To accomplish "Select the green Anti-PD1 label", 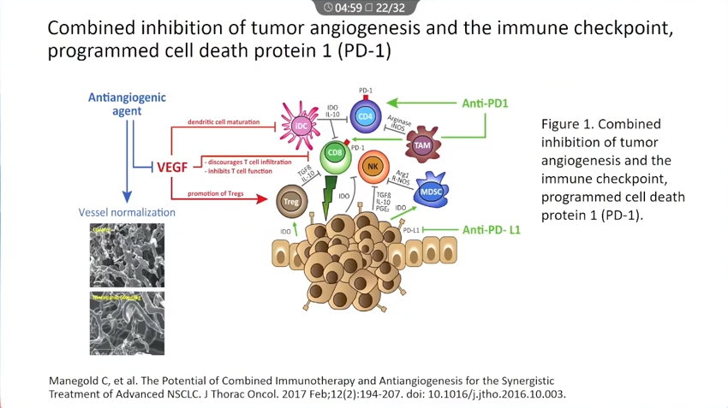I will coord(486,103).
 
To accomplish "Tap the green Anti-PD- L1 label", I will coord(492,229).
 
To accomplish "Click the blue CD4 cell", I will coord(366,116).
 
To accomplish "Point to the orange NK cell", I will coord(373,168).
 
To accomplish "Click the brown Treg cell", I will coord(291,203).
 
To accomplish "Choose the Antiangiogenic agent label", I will coord(127,104).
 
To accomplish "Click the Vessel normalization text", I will coord(127,212).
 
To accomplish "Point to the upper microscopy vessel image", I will coord(127,255).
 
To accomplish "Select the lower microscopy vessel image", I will coord(127,323).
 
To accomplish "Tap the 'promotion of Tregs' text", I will coord(216,193).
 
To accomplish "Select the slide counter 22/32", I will coord(391,8).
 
